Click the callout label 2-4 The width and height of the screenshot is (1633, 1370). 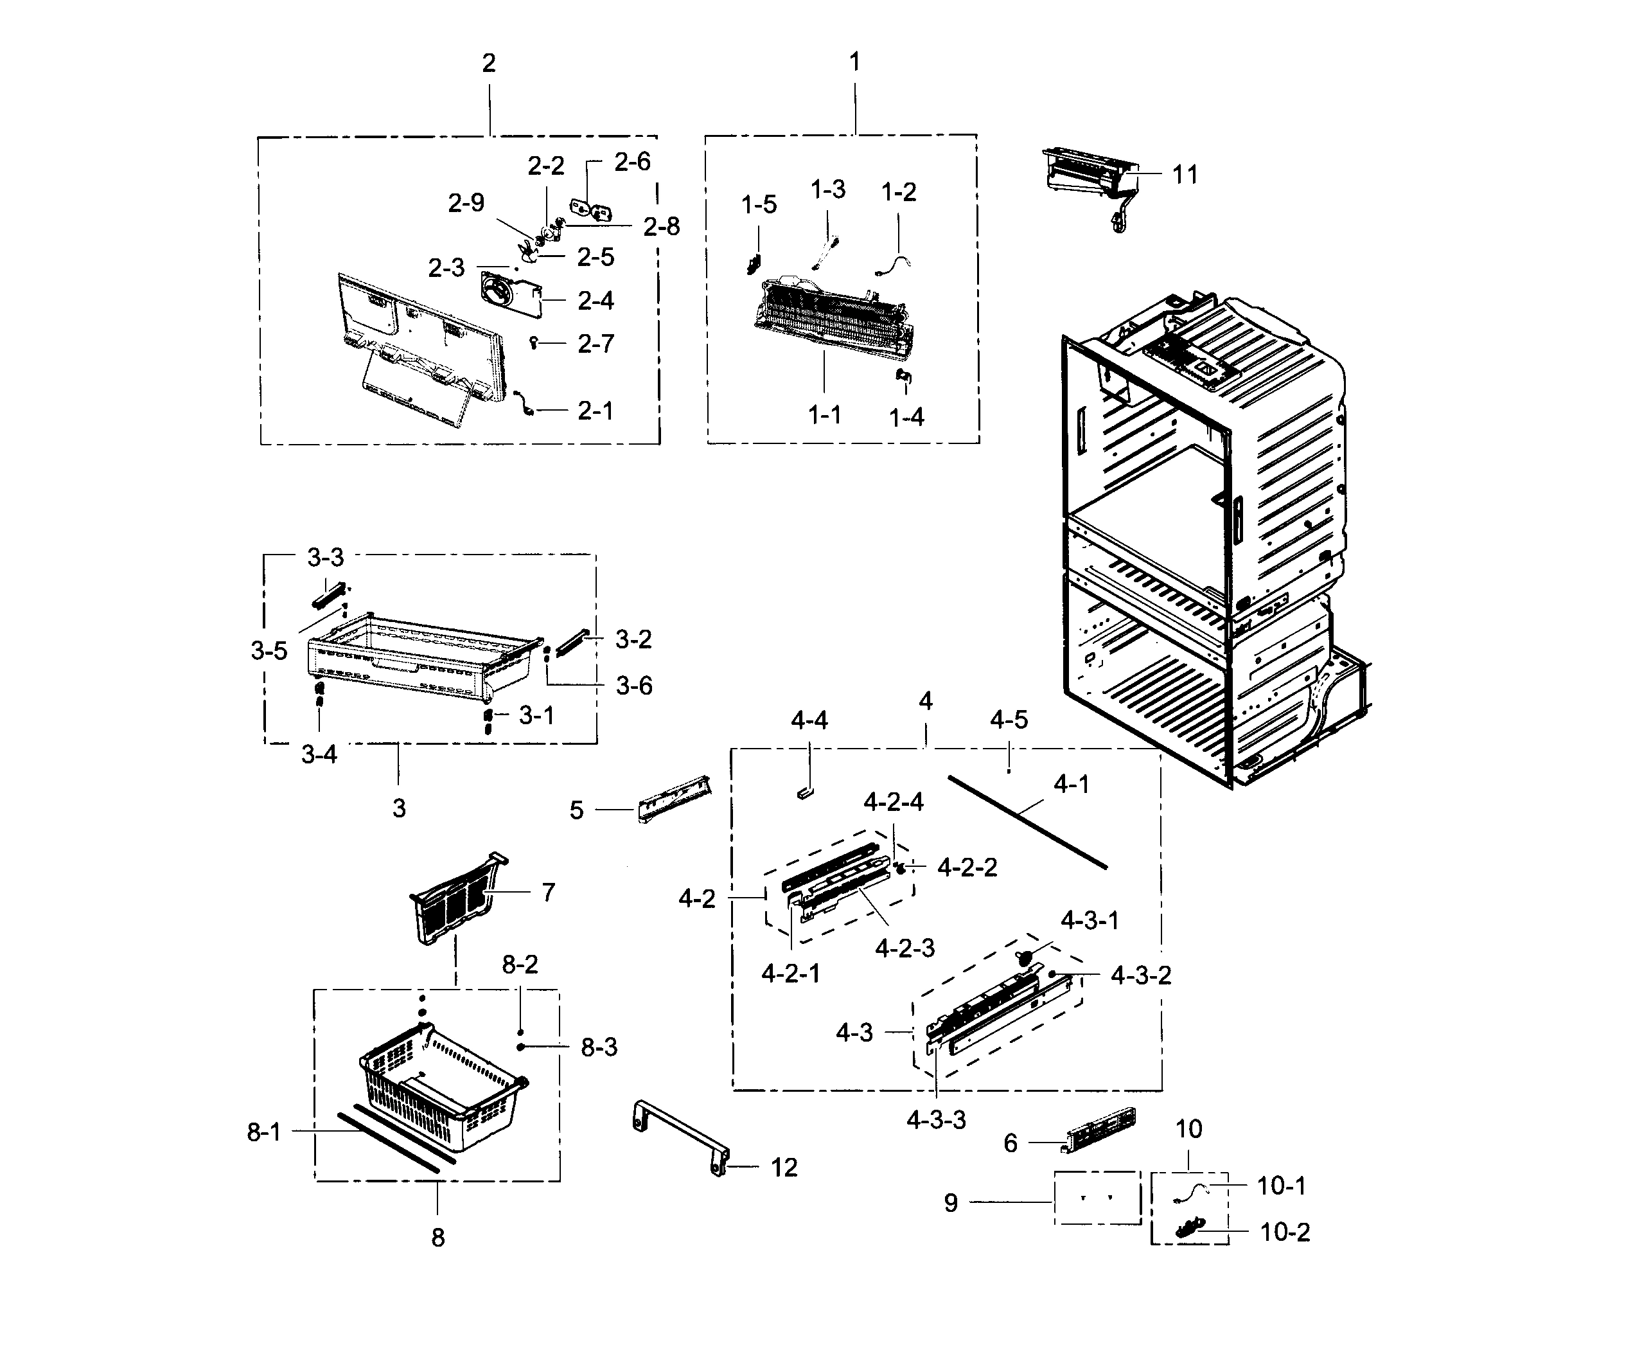(595, 301)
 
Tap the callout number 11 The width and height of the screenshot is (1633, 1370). (1185, 175)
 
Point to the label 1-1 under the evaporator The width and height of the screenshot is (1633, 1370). (824, 416)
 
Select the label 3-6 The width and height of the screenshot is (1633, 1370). (634, 686)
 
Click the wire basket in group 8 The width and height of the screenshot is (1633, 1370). (443, 1089)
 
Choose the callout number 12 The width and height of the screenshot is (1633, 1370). (784, 1168)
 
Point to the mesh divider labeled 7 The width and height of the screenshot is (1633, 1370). (455, 898)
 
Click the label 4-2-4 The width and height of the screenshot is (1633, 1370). (893, 802)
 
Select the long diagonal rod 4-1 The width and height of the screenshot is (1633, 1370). (1027, 821)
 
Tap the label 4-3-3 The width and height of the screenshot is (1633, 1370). (935, 1120)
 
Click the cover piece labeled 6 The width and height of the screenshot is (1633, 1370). (1100, 1130)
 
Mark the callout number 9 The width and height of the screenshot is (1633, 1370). (950, 1203)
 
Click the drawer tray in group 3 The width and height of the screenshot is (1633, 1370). (420, 654)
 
